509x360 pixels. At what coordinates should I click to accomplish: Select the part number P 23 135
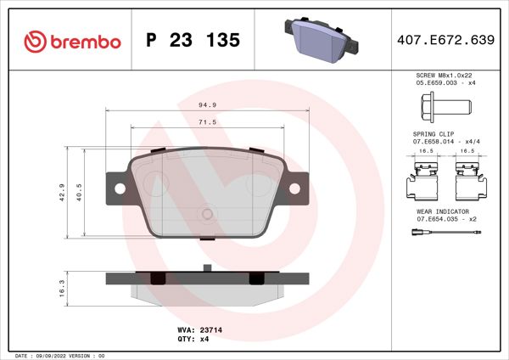point(193,41)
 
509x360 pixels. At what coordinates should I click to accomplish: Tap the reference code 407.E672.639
point(445,41)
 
